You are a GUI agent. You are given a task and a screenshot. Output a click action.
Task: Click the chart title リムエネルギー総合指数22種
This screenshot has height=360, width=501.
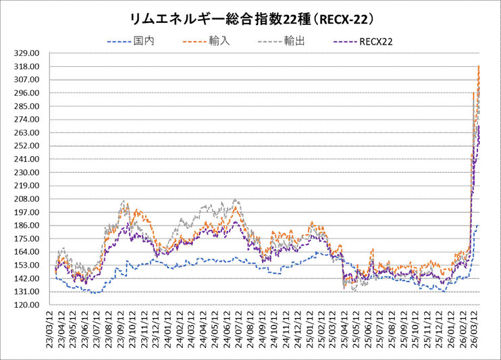tap(250, 17)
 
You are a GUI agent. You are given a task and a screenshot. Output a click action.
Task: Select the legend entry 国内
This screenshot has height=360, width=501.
tap(144, 42)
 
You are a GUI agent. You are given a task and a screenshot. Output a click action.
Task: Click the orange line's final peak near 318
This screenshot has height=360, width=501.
tap(479, 66)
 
